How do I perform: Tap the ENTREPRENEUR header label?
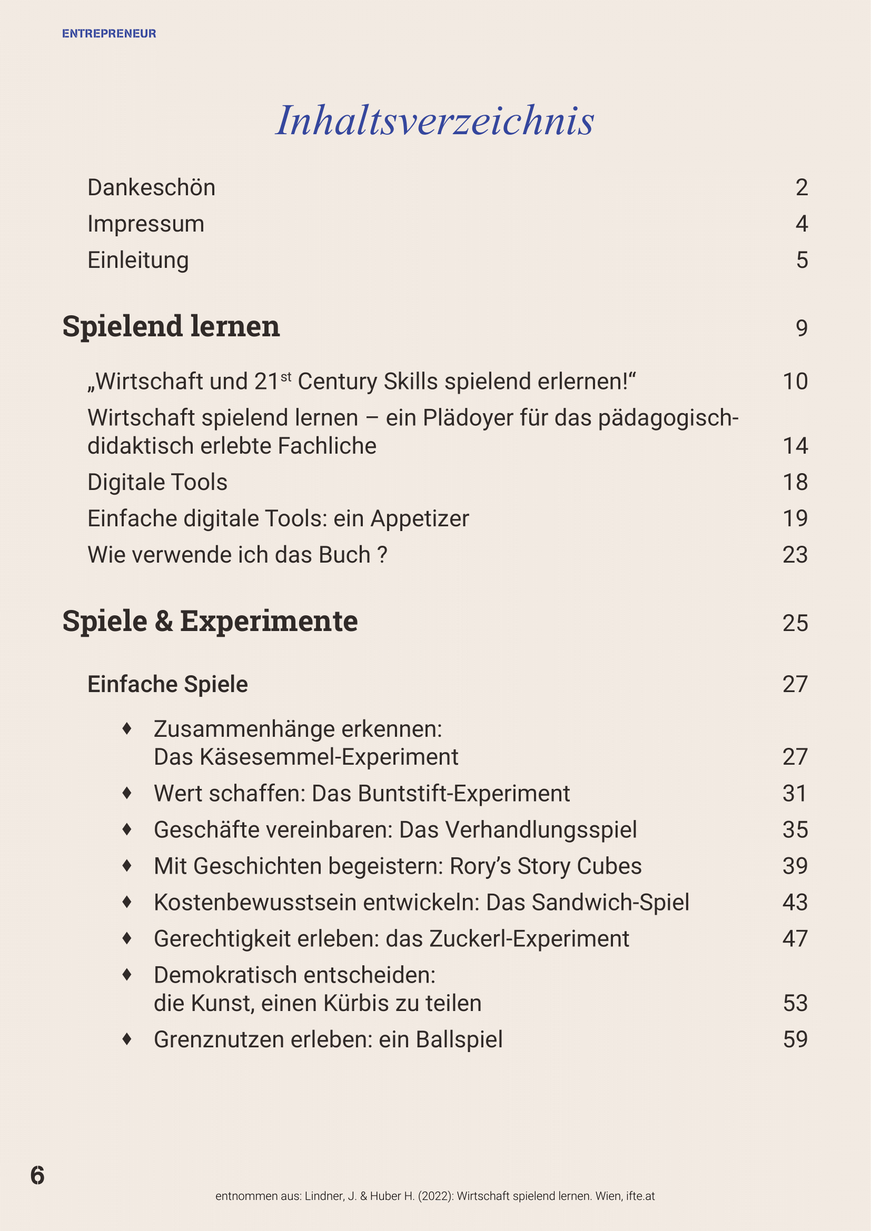(109, 34)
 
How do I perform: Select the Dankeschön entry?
(151, 188)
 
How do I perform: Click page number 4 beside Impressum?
(801, 224)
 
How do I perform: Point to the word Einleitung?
(138, 260)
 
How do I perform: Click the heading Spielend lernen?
(171, 327)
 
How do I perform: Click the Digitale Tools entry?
(157, 482)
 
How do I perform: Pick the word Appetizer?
(420, 518)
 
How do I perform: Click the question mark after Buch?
(382, 554)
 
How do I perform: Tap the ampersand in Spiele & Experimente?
(163, 622)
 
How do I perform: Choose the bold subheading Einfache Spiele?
(168, 684)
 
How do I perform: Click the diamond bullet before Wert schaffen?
(127, 793)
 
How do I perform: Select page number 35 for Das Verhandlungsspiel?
(795, 830)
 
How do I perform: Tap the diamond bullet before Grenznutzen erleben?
(127, 1039)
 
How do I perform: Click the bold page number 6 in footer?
(37, 1175)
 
